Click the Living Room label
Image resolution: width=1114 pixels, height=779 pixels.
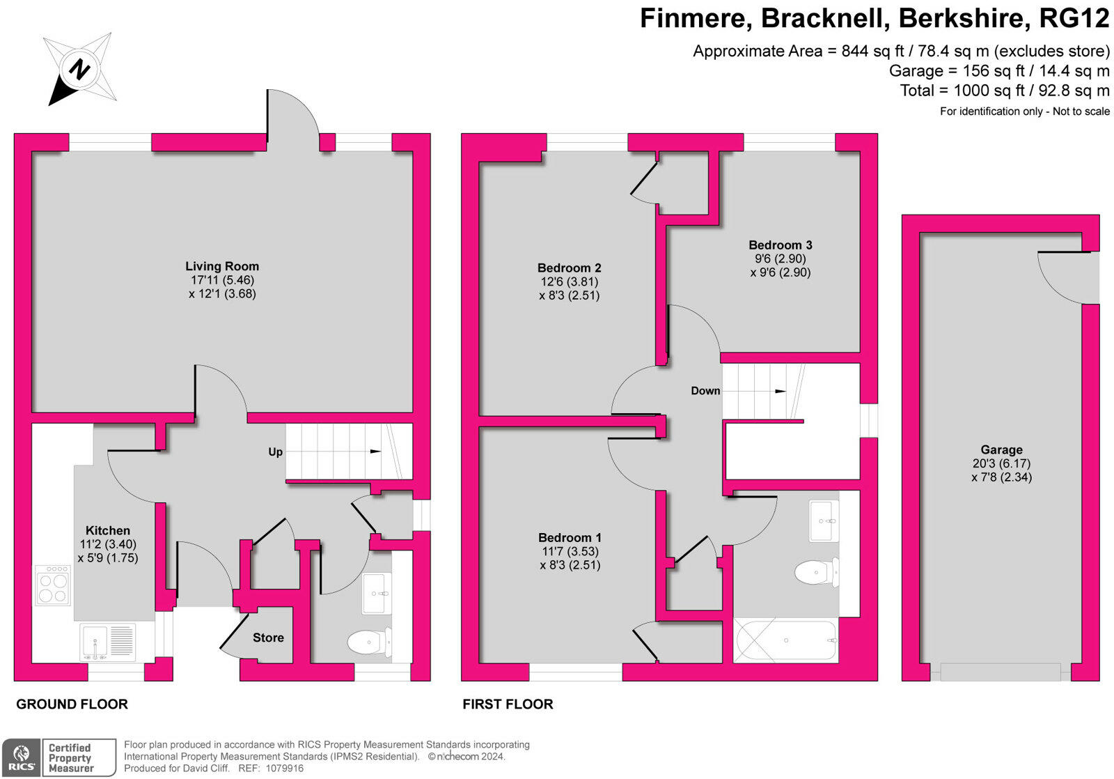pos(222,266)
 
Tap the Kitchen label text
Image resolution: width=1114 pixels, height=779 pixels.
pos(107,531)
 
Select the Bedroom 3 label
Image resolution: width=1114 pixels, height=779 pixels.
pos(780,245)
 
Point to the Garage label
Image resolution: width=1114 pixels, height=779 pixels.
pos(1001,450)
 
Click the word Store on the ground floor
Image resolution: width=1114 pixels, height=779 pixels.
pos(268,638)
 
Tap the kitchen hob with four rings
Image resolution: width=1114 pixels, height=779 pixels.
pos(53,585)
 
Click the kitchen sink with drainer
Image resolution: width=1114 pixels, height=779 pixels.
pos(107,642)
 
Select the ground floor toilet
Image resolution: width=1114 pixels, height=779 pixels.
pos(369,642)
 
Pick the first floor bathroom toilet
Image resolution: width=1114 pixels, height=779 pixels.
pos(817,573)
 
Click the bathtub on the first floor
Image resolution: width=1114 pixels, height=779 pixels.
pos(786,640)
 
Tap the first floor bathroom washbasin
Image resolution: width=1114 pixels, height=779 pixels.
pos(824,520)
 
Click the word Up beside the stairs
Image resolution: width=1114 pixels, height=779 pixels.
pos(275,452)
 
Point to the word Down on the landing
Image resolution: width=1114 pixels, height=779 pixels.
pos(705,391)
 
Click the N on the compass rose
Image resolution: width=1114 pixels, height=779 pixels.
pos(79,69)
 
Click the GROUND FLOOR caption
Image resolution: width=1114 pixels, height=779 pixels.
pos(72,704)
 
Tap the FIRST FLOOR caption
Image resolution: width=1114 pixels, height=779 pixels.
pos(508,704)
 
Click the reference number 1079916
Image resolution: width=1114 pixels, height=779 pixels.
pos(285,768)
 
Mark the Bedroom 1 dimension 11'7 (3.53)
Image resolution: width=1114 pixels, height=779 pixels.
pos(570,552)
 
